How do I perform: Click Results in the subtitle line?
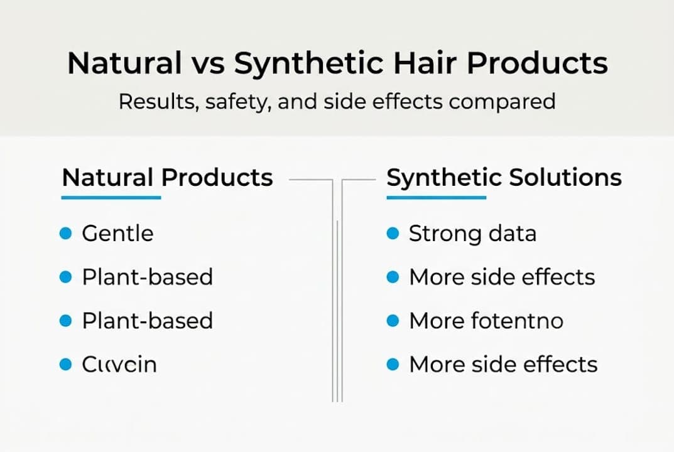coord(157,102)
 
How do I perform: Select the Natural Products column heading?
coord(167,178)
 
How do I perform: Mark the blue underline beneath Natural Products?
coord(111,198)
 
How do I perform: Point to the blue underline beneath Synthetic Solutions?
coord(436,198)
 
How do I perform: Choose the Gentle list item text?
coord(117,234)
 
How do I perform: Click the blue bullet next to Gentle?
coord(65,234)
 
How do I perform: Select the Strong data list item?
coord(472,234)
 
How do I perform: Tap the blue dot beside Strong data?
coord(393,234)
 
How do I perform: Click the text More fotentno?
coord(486,321)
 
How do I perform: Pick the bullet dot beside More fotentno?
coord(393,321)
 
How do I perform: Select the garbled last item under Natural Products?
coord(119,364)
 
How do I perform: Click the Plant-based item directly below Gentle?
coord(147,277)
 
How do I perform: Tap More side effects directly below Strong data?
coord(502,277)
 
